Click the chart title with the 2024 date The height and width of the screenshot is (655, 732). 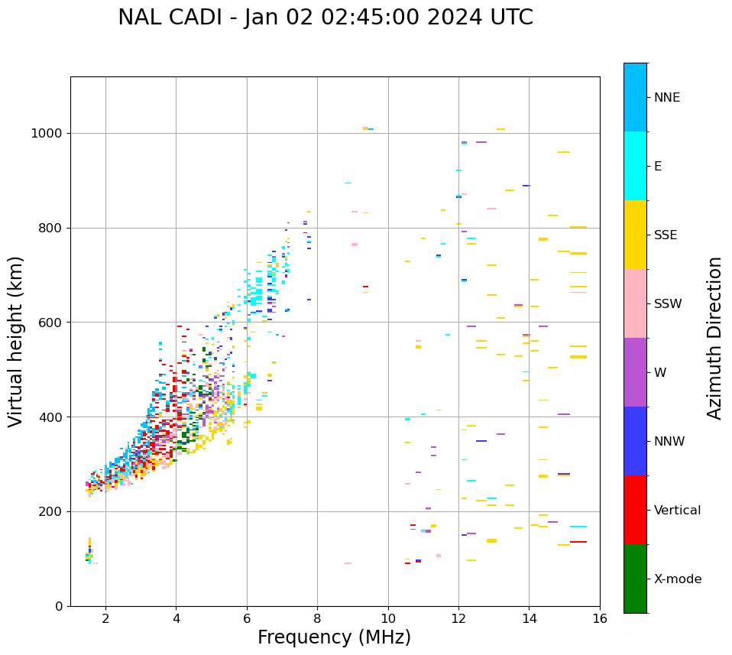click(326, 18)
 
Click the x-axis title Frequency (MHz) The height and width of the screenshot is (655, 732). click(334, 637)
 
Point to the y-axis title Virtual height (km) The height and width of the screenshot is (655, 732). click(16, 342)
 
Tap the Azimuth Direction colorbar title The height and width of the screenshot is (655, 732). click(714, 338)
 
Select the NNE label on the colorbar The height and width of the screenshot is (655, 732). click(666, 98)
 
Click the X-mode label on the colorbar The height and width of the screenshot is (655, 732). click(677, 579)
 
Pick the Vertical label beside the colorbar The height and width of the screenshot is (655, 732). click(677, 511)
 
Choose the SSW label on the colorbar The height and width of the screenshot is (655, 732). click(668, 304)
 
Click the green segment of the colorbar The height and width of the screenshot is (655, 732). click(635, 579)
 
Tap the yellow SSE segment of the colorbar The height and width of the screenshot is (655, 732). click(635, 235)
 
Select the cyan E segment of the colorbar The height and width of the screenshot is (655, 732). click(635, 166)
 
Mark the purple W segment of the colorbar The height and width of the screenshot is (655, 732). click(635, 372)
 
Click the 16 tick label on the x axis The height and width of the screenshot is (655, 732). click(600, 618)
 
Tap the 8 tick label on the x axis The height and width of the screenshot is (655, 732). click(317, 618)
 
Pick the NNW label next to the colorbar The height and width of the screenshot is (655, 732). click(669, 442)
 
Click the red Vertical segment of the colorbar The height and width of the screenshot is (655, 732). click(635, 510)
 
